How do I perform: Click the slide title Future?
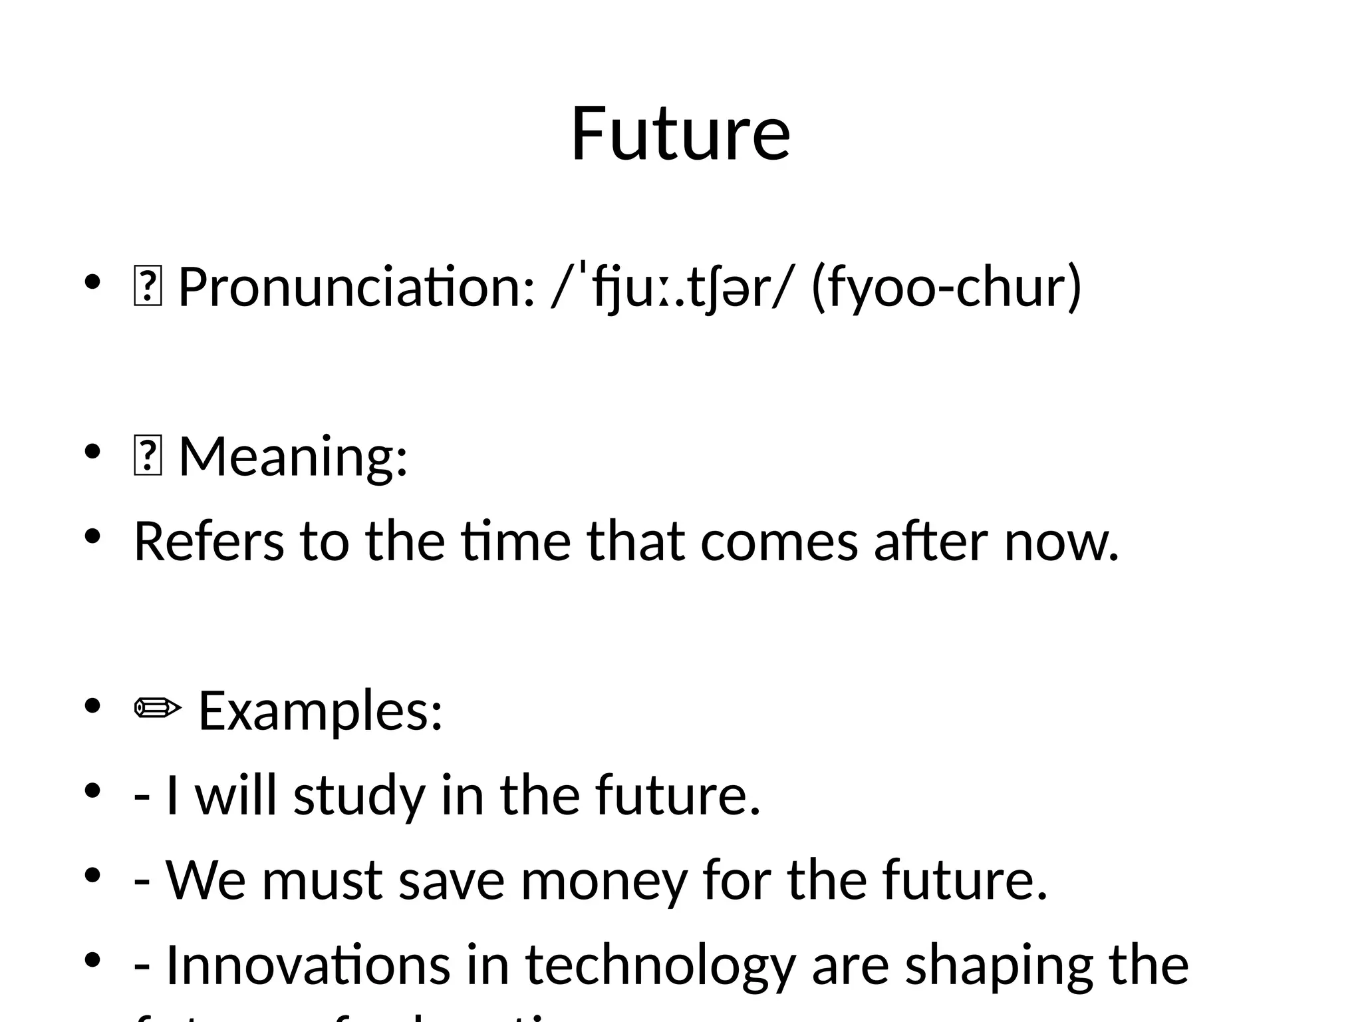pyautogui.click(x=680, y=134)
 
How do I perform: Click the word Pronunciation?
pyautogui.click(x=356, y=287)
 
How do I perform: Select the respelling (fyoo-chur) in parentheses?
pyautogui.click(x=946, y=287)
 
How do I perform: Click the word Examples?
pyautogui.click(x=321, y=711)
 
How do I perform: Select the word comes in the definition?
pyautogui.click(x=779, y=542)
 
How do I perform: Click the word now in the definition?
pyautogui.click(x=1061, y=542)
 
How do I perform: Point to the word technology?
pyautogui.click(x=660, y=965)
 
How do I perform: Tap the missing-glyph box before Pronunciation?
pyautogui.click(x=148, y=287)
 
